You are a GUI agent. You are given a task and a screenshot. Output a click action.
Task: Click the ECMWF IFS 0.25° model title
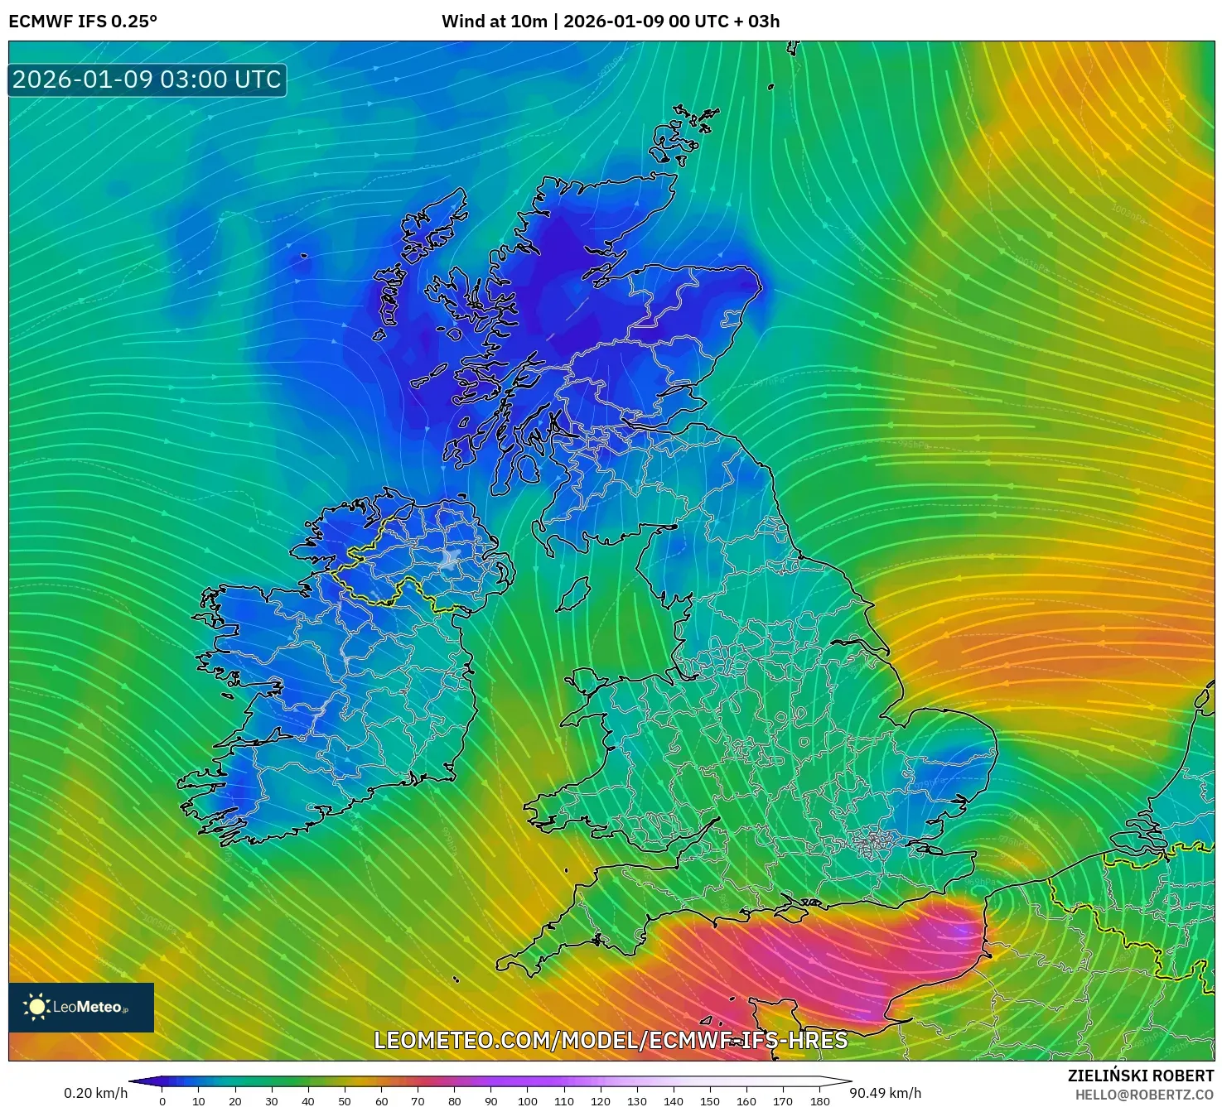pyautogui.click(x=83, y=22)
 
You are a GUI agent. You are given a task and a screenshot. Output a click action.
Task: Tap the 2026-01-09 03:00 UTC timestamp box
pyautogui.click(x=147, y=79)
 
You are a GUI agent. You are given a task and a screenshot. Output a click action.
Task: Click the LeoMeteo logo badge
pyautogui.click(x=81, y=1007)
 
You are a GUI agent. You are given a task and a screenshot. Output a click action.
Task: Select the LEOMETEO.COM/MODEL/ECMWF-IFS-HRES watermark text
pyautogui.click(x=611, y=1040)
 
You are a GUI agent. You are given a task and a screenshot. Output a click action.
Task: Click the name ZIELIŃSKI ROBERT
pyautogui.click(x=1140, y=1076)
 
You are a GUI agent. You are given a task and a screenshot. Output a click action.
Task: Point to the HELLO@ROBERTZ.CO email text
pyautogui.click(x=1144, y=1095)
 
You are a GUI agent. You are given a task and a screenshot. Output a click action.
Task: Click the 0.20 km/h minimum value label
pyautogui.click(x=95, y=1093)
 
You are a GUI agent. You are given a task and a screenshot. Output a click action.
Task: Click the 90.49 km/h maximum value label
pyautogui.click(x=886, y=1093)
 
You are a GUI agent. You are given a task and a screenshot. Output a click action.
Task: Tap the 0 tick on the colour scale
pyautogui.click(x=162, y=1101)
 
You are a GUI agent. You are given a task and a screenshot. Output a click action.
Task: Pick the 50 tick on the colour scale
pyautogui.click(x=345, y=1101)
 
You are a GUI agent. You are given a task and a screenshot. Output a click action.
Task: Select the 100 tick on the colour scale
pyautogui.click(x=528, y=1101)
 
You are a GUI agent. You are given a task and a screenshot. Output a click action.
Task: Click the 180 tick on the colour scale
pyautogui.click(x=820, y=1101)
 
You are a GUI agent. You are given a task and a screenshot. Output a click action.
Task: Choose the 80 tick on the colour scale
pyautogui.click(x=455, y=1101)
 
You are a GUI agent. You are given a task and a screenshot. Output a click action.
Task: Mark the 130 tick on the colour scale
pyautogui.click(x=637, y=1101)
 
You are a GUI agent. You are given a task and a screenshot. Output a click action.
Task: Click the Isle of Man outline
pyautogui.click(x=573, y=594)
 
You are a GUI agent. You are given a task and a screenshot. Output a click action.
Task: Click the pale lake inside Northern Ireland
pyautogui.click(x=452, y=559)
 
